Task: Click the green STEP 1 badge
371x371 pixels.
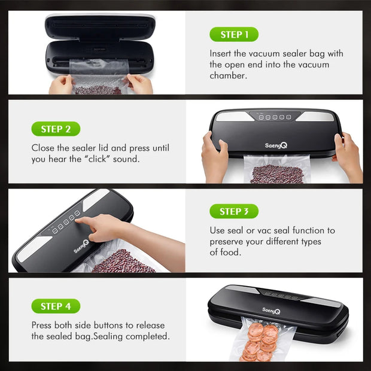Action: click(x=234, y=34)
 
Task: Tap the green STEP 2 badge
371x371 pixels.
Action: click(x=56, y=129)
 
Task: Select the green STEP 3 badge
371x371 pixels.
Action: click(x=234, y=211)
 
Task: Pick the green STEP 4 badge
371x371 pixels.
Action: click(x=56, y=306)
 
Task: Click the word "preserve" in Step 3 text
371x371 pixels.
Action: click(x=226, y=242)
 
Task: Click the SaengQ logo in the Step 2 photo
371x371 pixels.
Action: click(x=275, y=145)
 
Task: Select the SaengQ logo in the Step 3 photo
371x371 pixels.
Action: click(x=81, y=246)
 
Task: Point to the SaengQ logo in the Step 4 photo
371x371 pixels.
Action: click(x=272, y=309)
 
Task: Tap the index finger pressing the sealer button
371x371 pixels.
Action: click(x=84, y=221)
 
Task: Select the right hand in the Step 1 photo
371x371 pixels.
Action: click(x=140, y=84)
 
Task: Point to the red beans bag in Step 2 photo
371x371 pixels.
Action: click(x=276, y=172)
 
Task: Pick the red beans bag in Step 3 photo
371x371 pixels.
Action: click(x=123, y=262)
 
